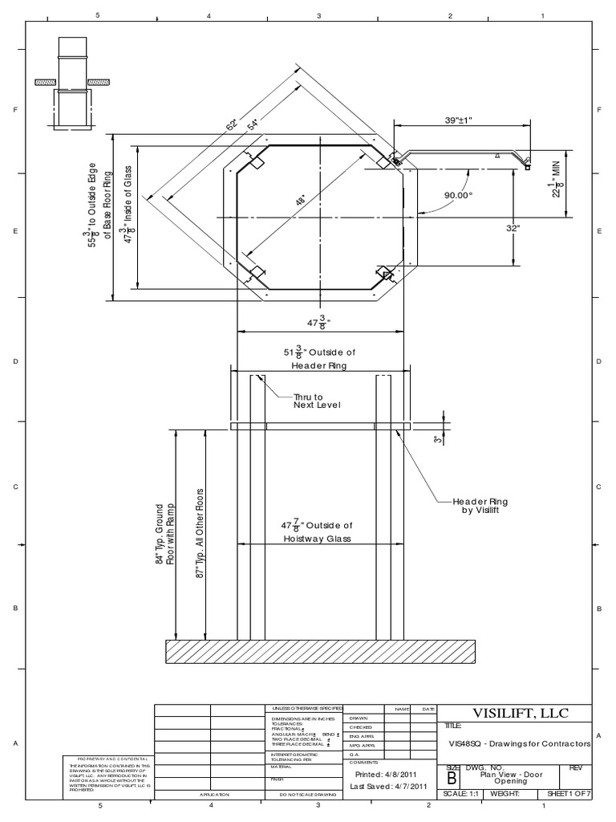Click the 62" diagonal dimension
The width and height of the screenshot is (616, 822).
(232, 126)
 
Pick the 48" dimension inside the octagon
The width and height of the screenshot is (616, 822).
(299, 203)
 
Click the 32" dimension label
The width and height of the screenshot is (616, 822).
(537, 228)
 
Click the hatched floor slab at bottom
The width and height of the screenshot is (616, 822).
(317, 651)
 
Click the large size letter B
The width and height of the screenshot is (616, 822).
(451, 778)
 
